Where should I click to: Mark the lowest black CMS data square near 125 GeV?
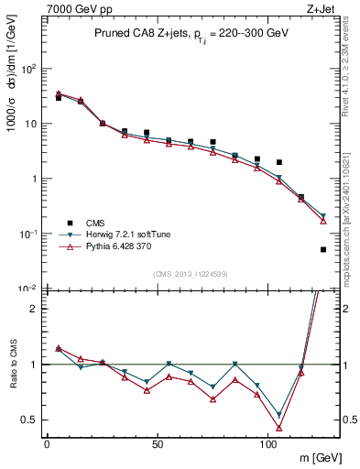[323, 249]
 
